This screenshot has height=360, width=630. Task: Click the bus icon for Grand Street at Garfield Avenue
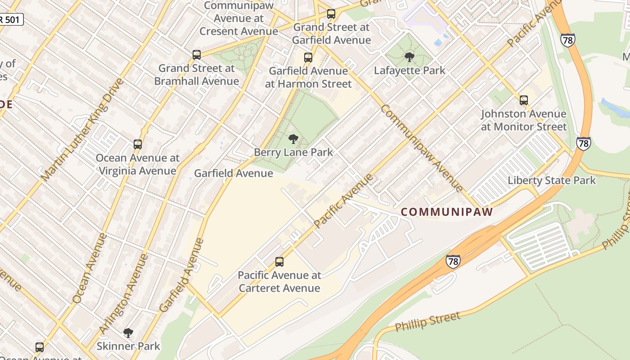tap(331, 14)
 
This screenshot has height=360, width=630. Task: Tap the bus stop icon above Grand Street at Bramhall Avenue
tap(197, 55)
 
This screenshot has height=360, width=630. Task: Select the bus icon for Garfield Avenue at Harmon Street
tap(308, 58)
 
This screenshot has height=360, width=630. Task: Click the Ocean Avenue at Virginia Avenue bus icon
tap(138, 144)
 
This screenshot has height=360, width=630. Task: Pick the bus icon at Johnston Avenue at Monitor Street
tap(524, 100)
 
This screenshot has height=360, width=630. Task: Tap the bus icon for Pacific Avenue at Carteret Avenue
tap(279, 262)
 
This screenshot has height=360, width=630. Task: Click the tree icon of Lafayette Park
tap(409, 57)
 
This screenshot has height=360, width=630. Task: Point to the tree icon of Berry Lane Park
tap(293, 139)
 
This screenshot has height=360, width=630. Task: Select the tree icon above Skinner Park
tap(128, 333)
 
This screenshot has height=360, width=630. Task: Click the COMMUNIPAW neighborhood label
tap(447, 211)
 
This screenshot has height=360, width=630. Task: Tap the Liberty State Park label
tap(552, 181)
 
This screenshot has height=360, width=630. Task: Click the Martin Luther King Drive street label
tap(82, 130)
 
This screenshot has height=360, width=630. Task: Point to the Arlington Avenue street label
tap(124, 294)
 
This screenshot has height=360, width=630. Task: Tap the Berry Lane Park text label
tap(293, 152)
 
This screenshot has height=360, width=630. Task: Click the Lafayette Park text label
tap(409, 71)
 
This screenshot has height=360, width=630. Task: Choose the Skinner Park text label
tap(128, 346)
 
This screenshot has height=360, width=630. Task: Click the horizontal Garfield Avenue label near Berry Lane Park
tap(233, 173)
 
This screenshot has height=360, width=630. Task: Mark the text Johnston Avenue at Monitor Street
tap(524, 120)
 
